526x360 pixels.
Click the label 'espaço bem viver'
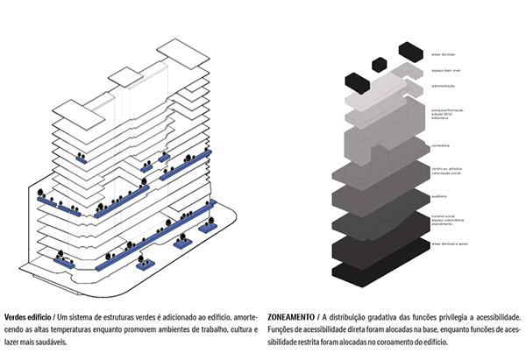tap(444, 69)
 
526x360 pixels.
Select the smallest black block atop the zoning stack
tap(379, 64)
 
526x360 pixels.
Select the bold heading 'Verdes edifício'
tap(27, 316)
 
